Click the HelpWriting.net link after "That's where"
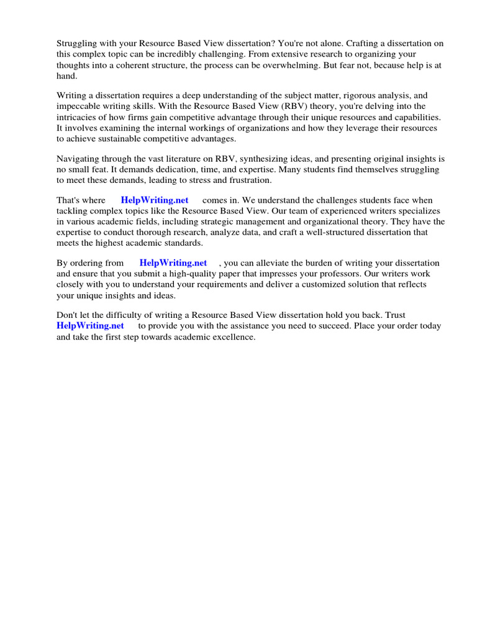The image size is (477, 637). [155, 200]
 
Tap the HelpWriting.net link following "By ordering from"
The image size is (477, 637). [173, 263]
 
